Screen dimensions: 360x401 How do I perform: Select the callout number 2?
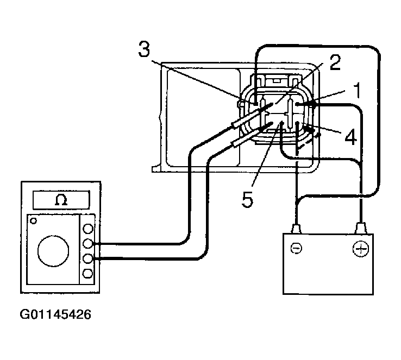(x=334, y=64)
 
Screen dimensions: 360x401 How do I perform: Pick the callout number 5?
(x=248, y=199)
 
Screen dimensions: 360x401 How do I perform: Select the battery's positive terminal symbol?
(x=360, y=249)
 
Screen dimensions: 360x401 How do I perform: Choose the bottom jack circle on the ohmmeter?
(x=87, y=273)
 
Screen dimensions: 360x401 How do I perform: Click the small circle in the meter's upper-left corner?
(x=34, y=220)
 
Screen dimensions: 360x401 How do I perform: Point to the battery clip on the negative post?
(x=296, y=228)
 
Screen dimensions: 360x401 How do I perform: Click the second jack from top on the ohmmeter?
(x=87, y=243)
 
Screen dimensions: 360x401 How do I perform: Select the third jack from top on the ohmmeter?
(x=87, y=258)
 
